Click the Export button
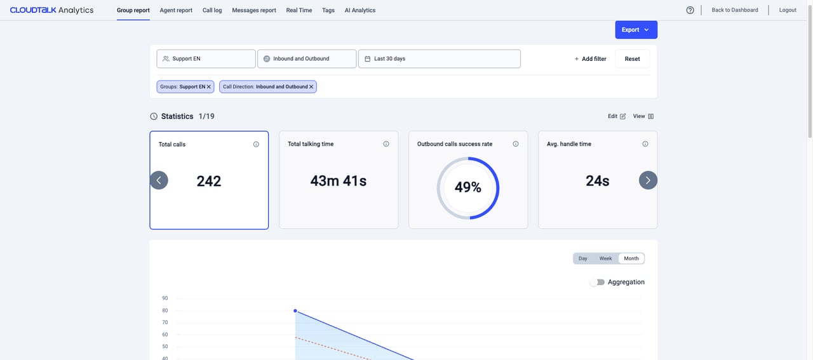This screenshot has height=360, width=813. pyautogui.click(x=636, y=30)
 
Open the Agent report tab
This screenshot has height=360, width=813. pyautogui.click(x=176, y=10)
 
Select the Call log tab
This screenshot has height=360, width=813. pyautogui.click(x=212, y=10)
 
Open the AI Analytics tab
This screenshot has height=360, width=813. pyautogui.click(x=360, y=10)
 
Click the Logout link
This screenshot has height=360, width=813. pyautogui.click(x=788, y=10)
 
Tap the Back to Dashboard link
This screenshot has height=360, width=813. pyautogui.click(x=735, y=10)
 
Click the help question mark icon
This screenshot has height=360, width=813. pyautogui.click(x=690, y=10)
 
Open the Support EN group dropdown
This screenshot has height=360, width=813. pyautogui.click(x=206, y=59)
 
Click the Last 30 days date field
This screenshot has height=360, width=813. pyautogui.click(x=439, y=59)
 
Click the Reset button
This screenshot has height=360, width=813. pyautogui.click(x=632, y=59)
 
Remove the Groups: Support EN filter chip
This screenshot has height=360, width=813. pyautogui.click(x=209, y=87)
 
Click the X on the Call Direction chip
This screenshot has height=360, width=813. pyautogui.click(x=311, y=87)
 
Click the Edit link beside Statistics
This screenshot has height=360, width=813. pyautogui.click(x=617, y=116)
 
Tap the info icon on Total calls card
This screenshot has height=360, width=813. pyautogui.click(x=256, y=144)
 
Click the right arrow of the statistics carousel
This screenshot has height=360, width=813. pyautogui.click(x=648, y=180)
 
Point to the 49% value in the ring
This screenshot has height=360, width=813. pyautogui.click(x=468, y=187)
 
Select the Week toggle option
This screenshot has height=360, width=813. pyautogui.click(x=605, y=258)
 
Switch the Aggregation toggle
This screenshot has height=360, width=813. pyautogui.click(x=598, y=283)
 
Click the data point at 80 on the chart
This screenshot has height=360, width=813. pyautogui.click(x=295, y=311)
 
